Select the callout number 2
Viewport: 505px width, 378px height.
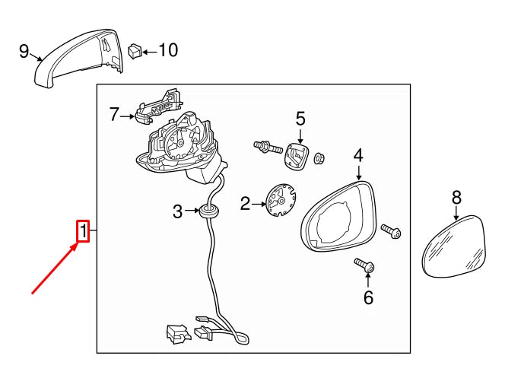click(x=245, y=203)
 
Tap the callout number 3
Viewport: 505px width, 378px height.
click(x=177, y=211)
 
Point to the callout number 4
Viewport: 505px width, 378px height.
click(x=358, y=156)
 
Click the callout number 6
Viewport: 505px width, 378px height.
click(x=368, y=297)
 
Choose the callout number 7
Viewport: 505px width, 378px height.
click(x=114, y=115)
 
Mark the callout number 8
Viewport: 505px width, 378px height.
click(x=456, y=198)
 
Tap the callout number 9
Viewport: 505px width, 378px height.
click(x=24, y=51)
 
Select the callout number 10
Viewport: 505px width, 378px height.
click(x=167, y=51)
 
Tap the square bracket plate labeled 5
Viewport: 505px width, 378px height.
click(x=296, y=157)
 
